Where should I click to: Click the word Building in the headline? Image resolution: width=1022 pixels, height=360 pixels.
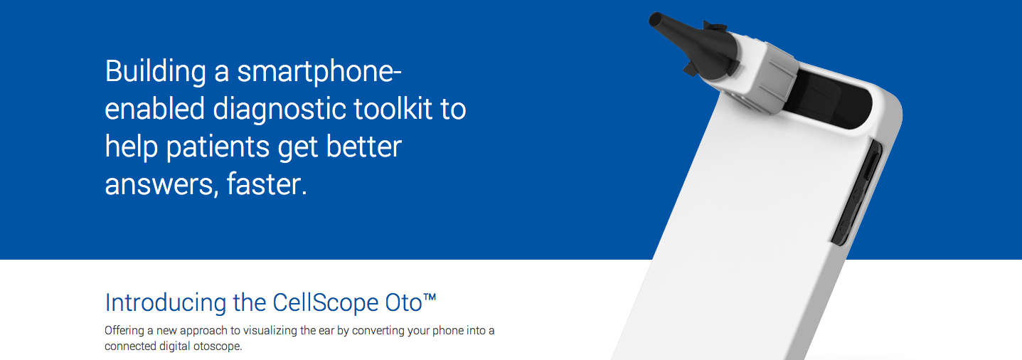click(x=156, y=72)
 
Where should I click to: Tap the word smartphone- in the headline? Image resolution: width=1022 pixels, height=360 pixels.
click(x=319, y=72)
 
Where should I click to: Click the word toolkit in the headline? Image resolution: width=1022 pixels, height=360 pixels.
click(x=393, y=109)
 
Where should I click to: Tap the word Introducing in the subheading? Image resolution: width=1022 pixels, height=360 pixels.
click(x=165, y=303)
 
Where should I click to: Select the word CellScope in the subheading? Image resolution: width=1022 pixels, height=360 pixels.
click(x=326, y=302)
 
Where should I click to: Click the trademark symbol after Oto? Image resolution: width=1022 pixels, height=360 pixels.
click(x=430, y=297)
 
